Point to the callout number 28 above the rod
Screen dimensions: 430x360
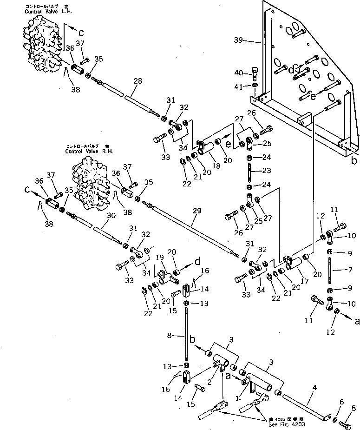pos(137,81)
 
